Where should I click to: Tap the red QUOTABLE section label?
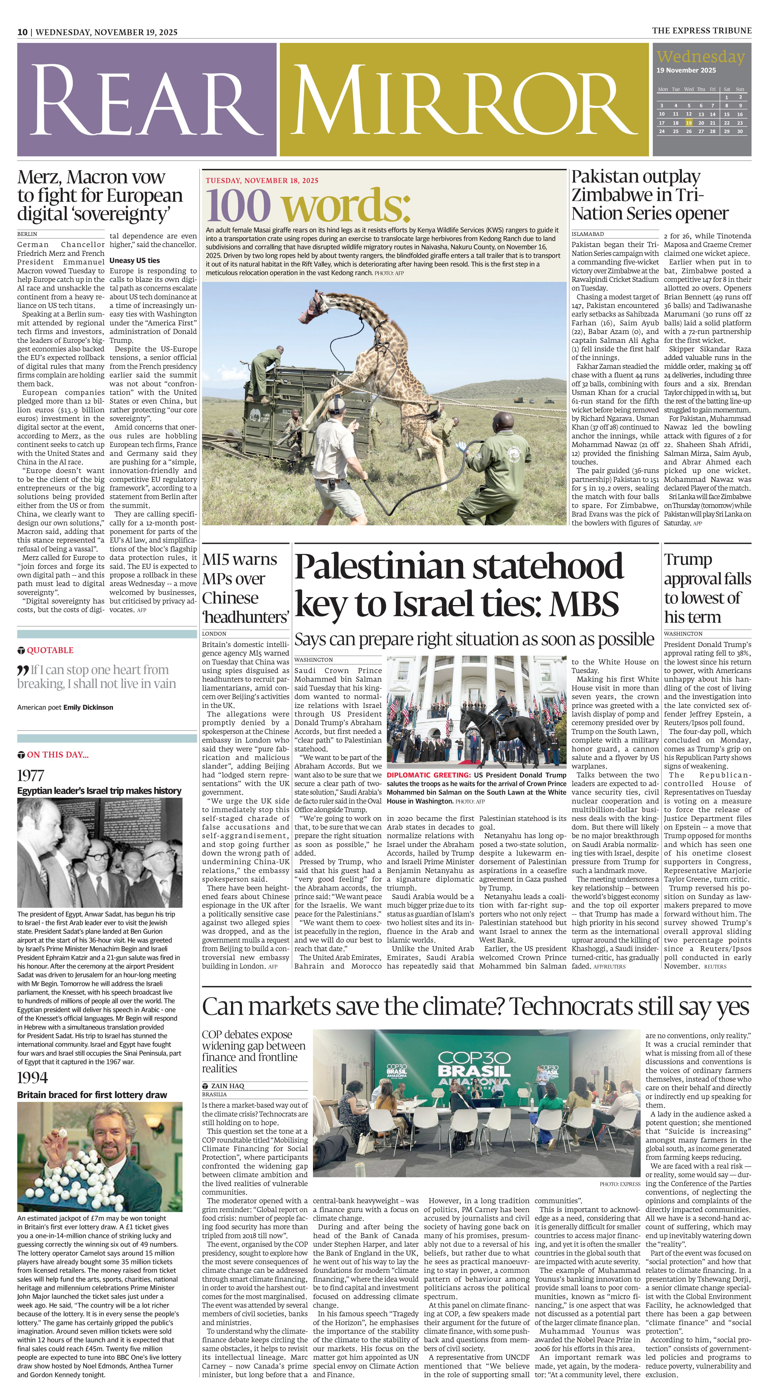pos(50,650)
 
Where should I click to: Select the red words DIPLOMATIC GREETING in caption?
pos(429,775)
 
